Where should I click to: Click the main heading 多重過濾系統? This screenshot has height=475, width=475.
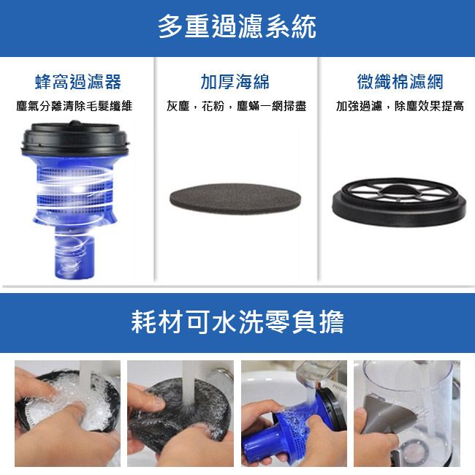(237, 26)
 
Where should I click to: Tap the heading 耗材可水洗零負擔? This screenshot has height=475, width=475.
(237, 322)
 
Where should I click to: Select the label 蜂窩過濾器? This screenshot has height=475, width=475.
(78, 82)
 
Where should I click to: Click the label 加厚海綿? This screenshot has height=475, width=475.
(235, 82)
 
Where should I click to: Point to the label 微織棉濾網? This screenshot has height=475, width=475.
(400, 82)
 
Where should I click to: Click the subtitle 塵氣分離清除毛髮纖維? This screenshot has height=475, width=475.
(75, 106)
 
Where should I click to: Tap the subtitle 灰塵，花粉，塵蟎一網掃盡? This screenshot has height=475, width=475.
(236, 106)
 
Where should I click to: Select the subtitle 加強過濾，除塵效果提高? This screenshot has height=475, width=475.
(400, 106)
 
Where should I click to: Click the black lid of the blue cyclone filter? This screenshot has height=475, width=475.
(75, 138)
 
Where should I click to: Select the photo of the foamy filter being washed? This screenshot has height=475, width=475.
(67, 414)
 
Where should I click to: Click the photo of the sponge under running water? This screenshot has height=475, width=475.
(180, 414)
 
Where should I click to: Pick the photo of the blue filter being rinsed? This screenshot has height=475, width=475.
(294, 414)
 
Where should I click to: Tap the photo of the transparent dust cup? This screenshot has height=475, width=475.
(407, 414)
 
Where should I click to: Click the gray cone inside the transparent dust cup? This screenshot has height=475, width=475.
(383, 414)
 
